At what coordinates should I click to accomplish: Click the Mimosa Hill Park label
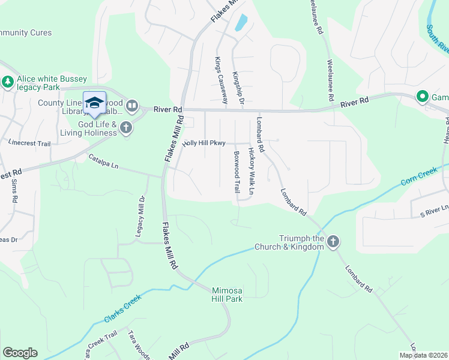pos(227,294)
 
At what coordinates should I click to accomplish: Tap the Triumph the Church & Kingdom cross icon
pos(333,242)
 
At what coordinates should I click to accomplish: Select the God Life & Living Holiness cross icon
pos(126,127)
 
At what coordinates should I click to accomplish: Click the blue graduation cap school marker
pos(94,103)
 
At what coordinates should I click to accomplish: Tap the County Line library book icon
pos(131,107)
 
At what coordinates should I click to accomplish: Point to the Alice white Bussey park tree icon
pos(8,82)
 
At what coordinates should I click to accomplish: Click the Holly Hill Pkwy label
pos(204,143)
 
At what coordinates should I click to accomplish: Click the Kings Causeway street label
pos(218,80)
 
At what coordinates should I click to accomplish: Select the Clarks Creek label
pos(122,307)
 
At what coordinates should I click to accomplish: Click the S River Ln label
pos(434,210)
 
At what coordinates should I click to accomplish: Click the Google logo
pos(20,353)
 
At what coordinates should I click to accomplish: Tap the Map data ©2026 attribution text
pos(423,355)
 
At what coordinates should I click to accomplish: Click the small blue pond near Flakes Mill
pos(241,22)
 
